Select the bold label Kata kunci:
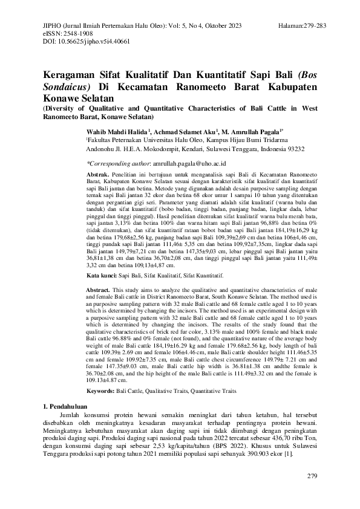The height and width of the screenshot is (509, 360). pos(100,274)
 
